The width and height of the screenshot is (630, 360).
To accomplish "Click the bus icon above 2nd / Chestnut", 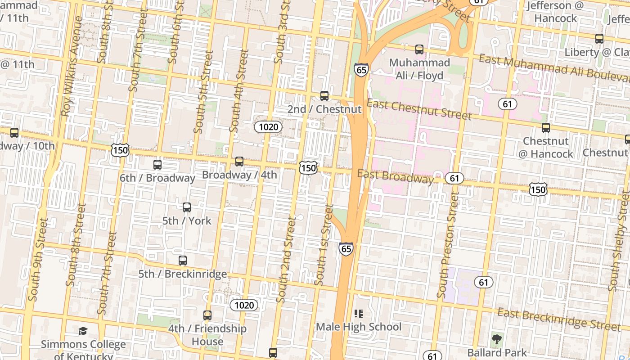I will click(x=324, y=95).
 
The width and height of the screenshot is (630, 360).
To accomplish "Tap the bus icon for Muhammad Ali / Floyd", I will click(x=419, y=49).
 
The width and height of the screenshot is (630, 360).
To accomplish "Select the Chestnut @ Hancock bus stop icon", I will click(x=546, y=128).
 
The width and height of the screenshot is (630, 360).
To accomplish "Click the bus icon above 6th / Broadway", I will click(x=157, y=165).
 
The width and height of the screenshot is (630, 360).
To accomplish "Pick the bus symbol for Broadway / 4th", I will click(x=239, y=161).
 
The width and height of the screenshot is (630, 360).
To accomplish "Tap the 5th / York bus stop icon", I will click(x=187, y=207).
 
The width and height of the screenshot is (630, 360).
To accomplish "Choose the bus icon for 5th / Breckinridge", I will click(x=183, y=260).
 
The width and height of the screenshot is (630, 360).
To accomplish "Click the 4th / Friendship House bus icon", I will click(x=207, y=315).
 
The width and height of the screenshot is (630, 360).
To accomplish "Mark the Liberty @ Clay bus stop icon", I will click(x=599, y=39).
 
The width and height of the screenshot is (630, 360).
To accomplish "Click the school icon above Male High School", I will click(x=358, y=313).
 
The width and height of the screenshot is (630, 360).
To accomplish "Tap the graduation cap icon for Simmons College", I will click(x=83, y=331).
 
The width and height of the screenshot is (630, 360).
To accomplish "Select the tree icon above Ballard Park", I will click(x=497, y=339).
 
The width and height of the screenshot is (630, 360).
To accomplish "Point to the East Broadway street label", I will click(x=396, y=176).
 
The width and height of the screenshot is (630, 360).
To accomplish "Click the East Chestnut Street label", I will click(x=419, y=110).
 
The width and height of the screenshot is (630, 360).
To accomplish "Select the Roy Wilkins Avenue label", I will click(x=72, y=67).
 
